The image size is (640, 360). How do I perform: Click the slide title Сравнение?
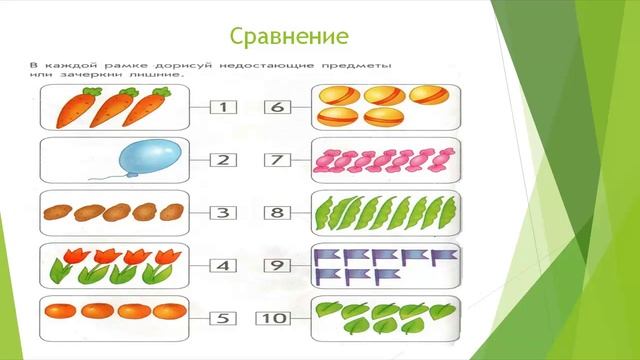[289, 36]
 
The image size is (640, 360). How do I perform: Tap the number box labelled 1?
[225, 105]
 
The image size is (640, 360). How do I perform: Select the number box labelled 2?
[225, 159]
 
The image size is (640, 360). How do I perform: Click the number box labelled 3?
[225, 212]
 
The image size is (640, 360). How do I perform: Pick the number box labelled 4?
[225, 266]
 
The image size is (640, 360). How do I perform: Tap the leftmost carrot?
[73, 106]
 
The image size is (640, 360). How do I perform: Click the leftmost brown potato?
[57, 212]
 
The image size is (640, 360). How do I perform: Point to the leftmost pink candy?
[325, 159]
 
